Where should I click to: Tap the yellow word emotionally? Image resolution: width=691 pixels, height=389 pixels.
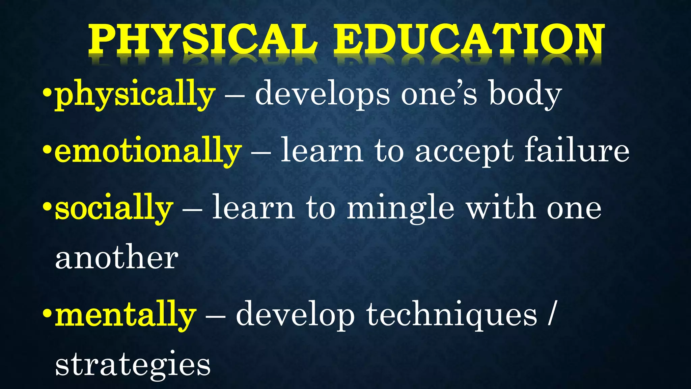(x=148, y=151)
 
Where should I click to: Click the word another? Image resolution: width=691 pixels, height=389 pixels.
(x=117, y=258)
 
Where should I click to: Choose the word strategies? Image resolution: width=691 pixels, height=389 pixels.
(x=133, y=365)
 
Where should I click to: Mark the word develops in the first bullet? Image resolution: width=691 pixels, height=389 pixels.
(x=322, y=95)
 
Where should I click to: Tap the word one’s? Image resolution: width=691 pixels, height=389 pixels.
(x=439, y=95)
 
